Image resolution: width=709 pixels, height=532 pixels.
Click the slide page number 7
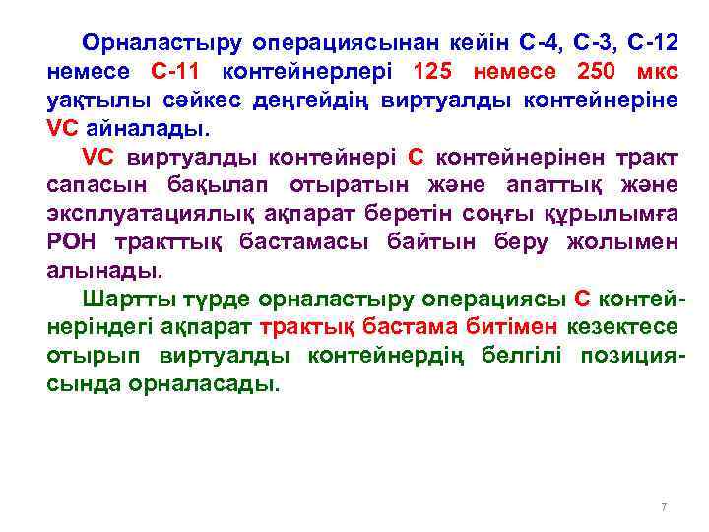[x=664, y=507]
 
